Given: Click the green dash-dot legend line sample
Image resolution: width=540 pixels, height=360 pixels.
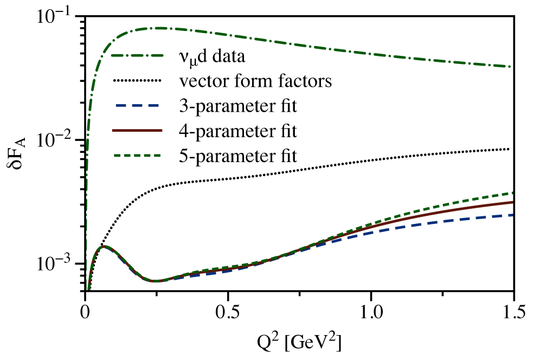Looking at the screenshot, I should click(137, 55).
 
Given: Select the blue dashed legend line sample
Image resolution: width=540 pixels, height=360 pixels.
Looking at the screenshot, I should click(137, 105).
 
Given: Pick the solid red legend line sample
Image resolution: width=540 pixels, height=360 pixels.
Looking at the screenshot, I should click(137, 130).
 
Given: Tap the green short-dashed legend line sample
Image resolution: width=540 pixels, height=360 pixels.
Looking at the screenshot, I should click(137, 156).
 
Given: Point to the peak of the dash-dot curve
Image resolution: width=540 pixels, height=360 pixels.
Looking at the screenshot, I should click(160, 28).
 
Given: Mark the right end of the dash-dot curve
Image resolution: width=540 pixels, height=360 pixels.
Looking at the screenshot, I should click(510, 67).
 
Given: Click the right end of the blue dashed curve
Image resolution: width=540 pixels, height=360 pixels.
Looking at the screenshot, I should click(512, 215).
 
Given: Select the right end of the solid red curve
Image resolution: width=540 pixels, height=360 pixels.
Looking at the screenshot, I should click(512, 202).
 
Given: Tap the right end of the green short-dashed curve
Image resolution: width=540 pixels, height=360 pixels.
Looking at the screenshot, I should click(512, 193).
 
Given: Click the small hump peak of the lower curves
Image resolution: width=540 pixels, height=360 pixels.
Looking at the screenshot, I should click(104, 246).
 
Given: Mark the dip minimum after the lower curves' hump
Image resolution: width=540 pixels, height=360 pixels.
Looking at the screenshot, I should click(155, 281).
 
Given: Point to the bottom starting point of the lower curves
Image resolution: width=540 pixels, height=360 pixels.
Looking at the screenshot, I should click(88, 289).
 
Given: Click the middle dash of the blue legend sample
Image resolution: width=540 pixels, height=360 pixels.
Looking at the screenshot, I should click(137, 105).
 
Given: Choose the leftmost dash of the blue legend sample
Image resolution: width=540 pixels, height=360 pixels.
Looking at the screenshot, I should click(120, 105).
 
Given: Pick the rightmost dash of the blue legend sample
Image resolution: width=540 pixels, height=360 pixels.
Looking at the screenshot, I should click(153, 105).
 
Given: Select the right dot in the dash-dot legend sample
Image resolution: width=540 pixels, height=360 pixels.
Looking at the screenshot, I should click(146, 55).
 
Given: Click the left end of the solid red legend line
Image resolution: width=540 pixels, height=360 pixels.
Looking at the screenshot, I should click(113, 130).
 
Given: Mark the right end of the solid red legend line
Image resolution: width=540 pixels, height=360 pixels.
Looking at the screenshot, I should click(162, 130).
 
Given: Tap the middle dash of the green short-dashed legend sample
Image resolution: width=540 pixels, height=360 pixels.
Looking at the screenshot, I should click(137, 156).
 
